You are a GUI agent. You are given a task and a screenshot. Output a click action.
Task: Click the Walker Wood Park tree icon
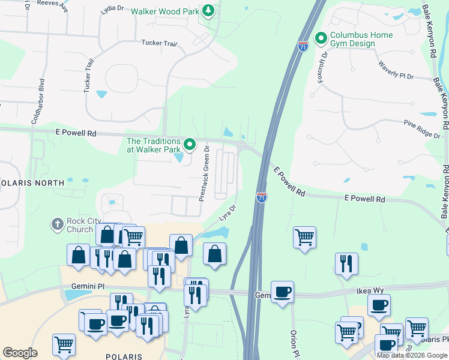click(x=208, y=11)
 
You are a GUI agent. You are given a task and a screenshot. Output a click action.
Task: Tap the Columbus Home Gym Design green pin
click(x=321, y=39)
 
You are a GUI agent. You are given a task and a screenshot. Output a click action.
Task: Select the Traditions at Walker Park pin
click(x=190, y=144)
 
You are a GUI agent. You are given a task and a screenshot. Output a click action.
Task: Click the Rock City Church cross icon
click(x=58, y=224)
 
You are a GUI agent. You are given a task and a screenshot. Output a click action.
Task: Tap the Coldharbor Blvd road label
click(x=42, y=100)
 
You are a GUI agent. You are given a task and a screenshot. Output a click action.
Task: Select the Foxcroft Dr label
click(x=322, y=67)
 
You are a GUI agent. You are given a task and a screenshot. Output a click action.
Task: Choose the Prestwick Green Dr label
click(x=204, y=173)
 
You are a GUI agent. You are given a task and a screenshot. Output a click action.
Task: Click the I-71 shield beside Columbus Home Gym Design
click(x=303, y=46)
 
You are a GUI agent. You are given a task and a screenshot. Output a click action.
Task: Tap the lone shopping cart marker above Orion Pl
click(x=305, y=238)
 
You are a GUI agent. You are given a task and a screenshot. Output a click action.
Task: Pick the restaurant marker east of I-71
click(x=346, y=263)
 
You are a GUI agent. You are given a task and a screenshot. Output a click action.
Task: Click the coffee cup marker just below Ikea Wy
click(x=379, y=305)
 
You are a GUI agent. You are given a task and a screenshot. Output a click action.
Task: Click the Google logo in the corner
click(x=20, y=353)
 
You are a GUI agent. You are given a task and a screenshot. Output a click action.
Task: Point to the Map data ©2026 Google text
click(x=411, y=355)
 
